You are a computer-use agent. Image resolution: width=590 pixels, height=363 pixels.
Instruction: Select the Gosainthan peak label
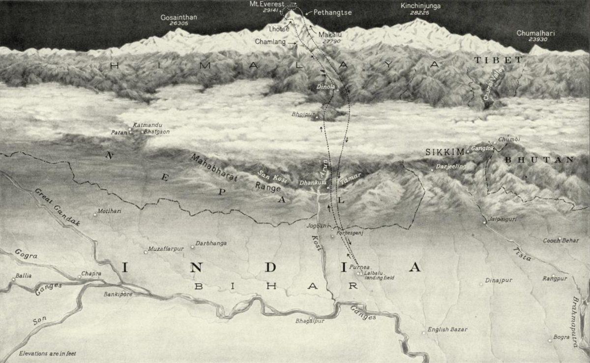178,17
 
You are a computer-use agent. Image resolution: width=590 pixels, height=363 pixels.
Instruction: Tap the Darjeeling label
451,166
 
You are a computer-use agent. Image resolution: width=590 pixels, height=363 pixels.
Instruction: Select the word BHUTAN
539,160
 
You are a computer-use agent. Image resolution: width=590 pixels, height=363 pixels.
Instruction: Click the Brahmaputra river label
578,322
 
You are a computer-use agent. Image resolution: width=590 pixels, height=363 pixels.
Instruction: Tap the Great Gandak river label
57,206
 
